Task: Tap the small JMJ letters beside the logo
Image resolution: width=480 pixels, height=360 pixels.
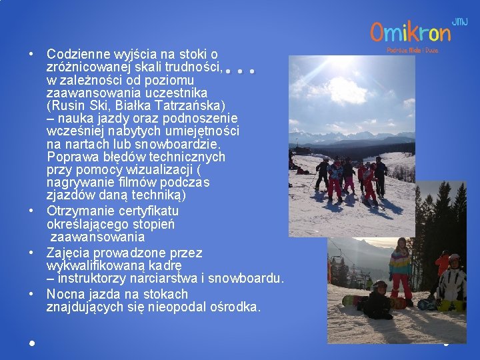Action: pos(460,22)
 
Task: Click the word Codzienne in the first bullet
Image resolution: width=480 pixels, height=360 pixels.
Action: pos(75,53)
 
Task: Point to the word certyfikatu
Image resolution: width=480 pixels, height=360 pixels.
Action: pos(146,211)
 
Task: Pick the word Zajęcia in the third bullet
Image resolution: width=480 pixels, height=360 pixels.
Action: pos(67,253)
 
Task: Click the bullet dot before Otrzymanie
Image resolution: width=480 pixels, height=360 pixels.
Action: pos(31,211)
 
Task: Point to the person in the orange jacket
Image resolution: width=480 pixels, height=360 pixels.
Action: pos(443,264)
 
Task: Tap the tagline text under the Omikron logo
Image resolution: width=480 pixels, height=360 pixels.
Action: pos(412,49)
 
